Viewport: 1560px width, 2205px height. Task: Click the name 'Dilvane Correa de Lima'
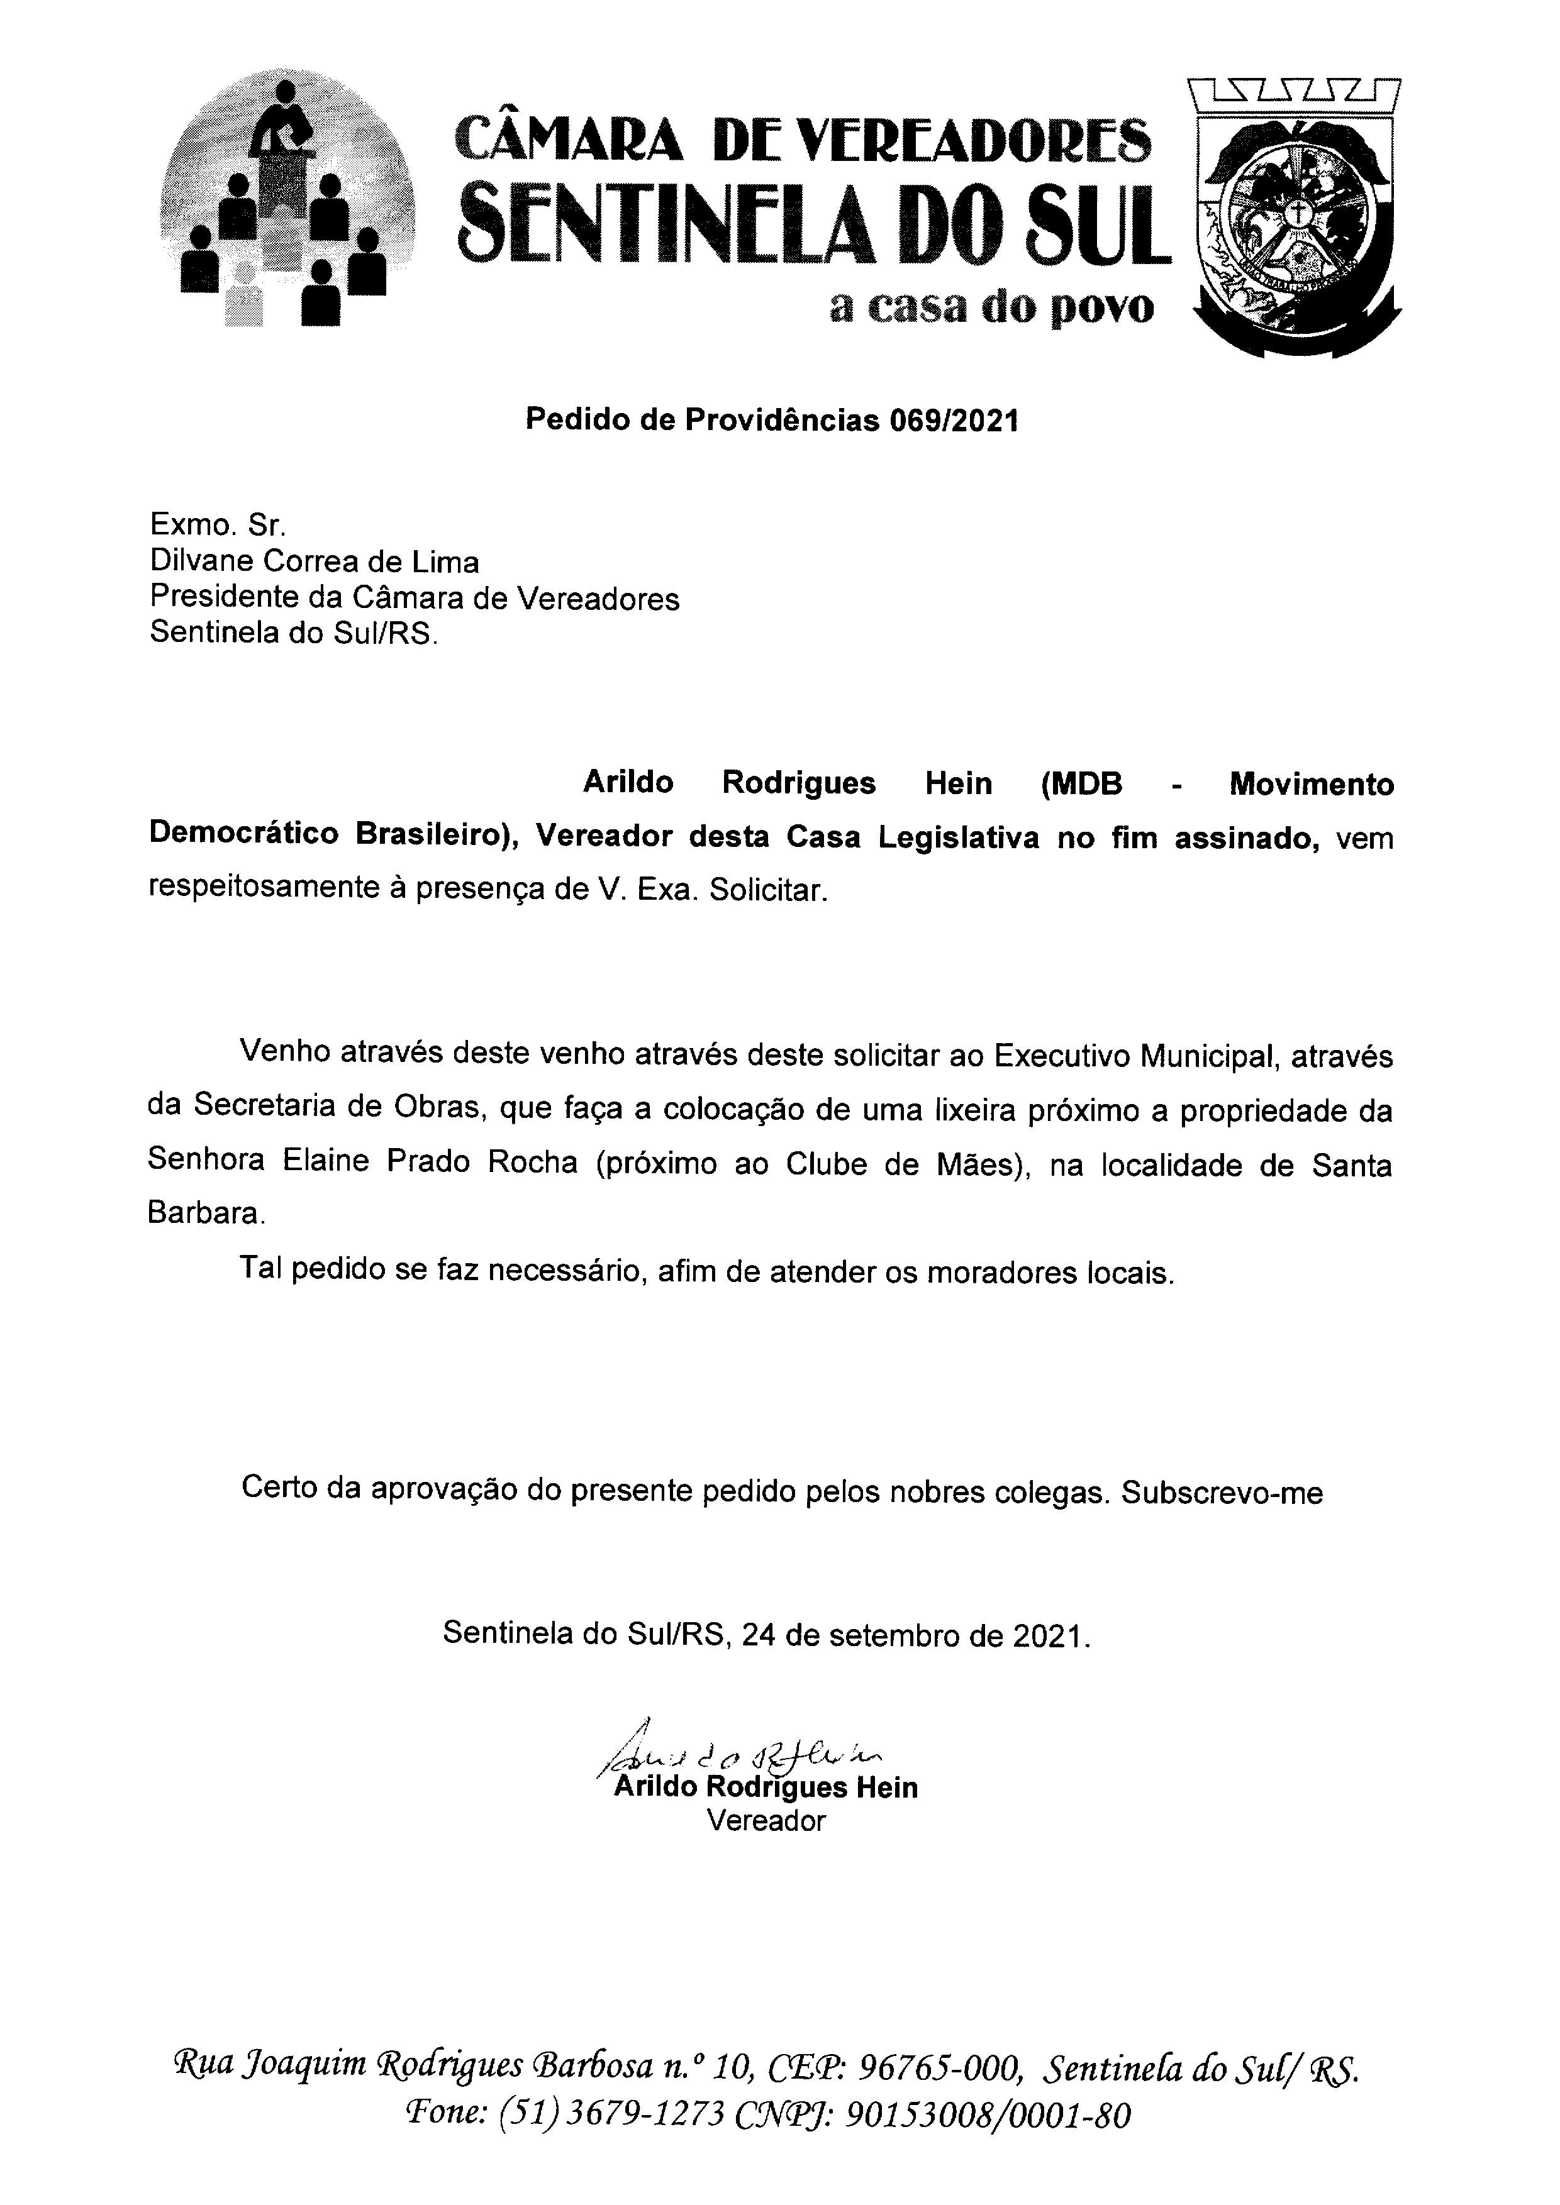(314, 561)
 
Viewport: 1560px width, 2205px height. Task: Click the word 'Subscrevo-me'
(1222, 1493)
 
